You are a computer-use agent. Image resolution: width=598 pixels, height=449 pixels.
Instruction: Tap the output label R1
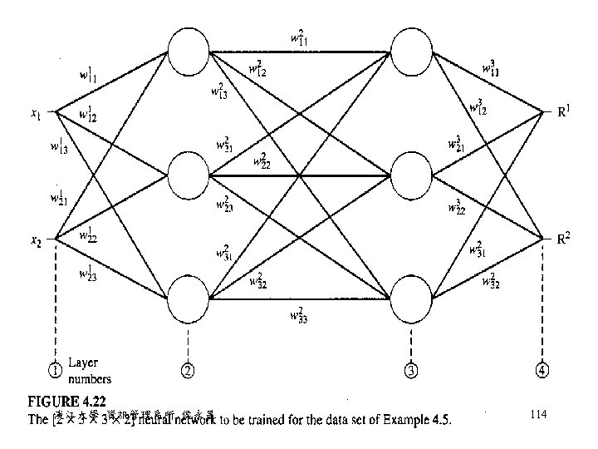point(562,112)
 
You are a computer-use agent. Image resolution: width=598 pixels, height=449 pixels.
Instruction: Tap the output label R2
point(562,240)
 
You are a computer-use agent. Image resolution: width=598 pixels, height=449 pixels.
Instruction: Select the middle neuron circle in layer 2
point(189,175)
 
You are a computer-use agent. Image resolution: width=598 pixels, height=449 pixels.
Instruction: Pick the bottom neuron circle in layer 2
point(189,299)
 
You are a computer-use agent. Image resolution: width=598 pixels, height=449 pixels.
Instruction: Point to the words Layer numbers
point(89,371)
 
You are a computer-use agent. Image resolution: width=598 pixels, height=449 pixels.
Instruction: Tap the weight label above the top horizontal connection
point(300,37)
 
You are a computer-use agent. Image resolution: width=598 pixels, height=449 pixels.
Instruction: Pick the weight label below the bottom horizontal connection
point(297,315)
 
